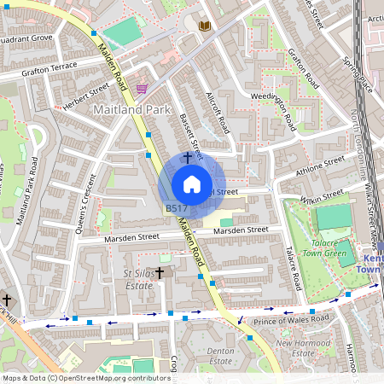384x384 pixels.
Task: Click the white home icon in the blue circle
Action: coord(192,184)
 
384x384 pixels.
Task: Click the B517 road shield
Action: coord(177,208)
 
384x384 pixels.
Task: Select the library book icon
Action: coord(205,26)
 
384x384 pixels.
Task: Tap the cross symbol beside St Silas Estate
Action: coord(159,273)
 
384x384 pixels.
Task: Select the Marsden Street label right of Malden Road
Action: coord(241,230)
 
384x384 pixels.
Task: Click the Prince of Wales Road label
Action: coord(290,319)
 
